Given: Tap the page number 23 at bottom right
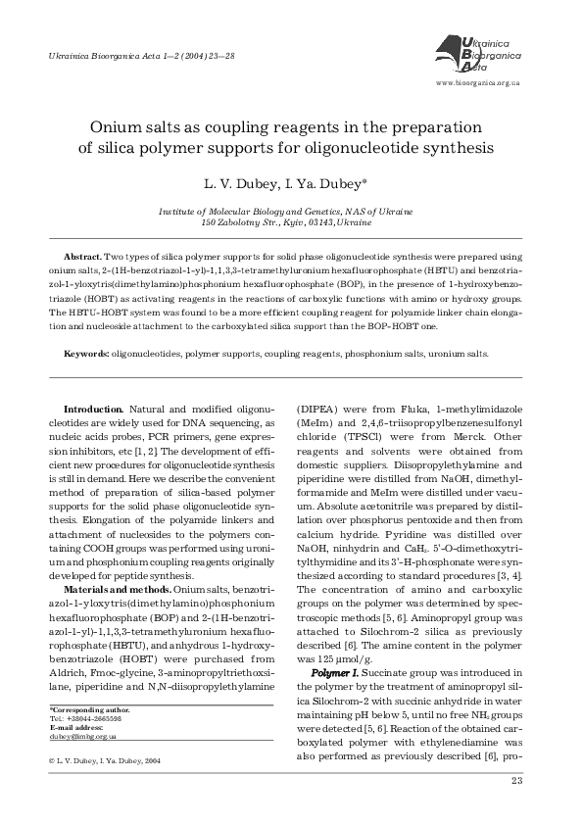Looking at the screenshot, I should click(518, 781).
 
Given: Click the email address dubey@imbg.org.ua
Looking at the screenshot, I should click(82, 735).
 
